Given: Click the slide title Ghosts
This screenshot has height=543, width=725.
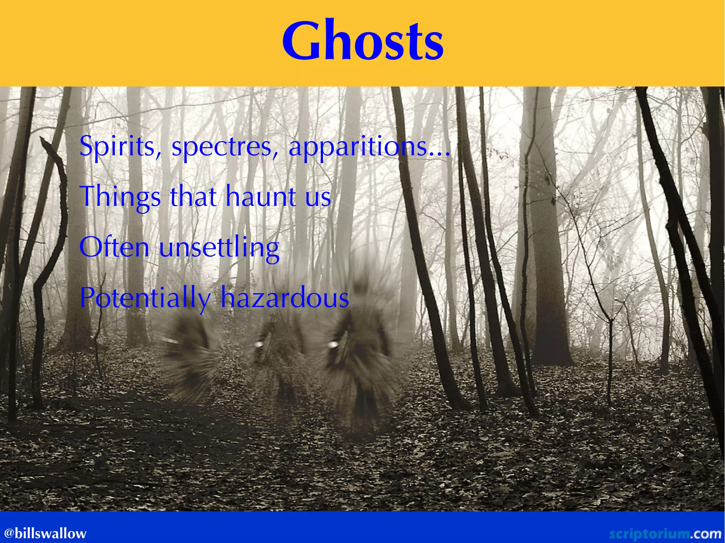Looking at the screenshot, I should [362, 42].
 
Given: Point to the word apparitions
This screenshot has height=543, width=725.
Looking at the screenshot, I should [358, 147].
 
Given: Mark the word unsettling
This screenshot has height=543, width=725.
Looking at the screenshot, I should [219, 248].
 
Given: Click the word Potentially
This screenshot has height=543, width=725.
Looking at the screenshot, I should [145, 298].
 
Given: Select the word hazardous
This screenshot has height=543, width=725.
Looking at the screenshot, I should [285, 298].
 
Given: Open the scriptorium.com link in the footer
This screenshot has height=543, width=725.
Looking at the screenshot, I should [665, 533].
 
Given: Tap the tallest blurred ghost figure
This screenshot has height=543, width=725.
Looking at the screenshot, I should [361, 347].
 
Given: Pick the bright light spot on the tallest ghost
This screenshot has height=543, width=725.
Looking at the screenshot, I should [333, 344].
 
